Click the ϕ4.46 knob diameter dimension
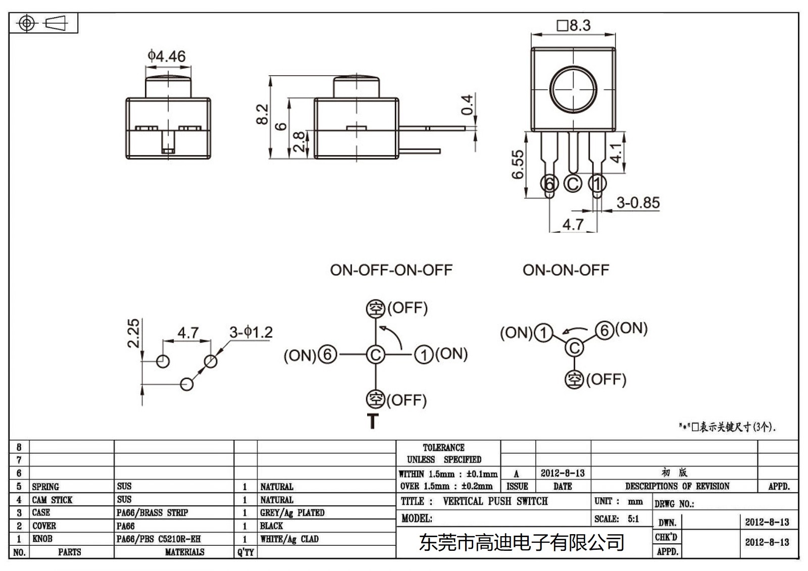click(166, 56)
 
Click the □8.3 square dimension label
click(574, 25)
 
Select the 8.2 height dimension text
click(262, 115)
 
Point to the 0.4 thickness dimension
click(468, 105)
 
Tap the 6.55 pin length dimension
click(518, 165)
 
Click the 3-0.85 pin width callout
click(638, 202)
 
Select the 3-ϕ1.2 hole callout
click(251, 332)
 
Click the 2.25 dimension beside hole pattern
click(133, 333)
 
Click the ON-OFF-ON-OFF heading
click(391, 270)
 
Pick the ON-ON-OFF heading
click(566, 270)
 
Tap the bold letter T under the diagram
click(373, 422)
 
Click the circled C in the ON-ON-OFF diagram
click(574, 347)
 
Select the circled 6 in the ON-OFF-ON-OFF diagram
click(327, 354)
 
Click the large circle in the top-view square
click(573, 89)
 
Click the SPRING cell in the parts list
click(45, 487)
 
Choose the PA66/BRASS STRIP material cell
click(152, 512)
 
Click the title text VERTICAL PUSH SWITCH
click(495, 501)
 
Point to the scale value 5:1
click(633, 518)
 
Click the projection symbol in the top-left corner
click(43, 23)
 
